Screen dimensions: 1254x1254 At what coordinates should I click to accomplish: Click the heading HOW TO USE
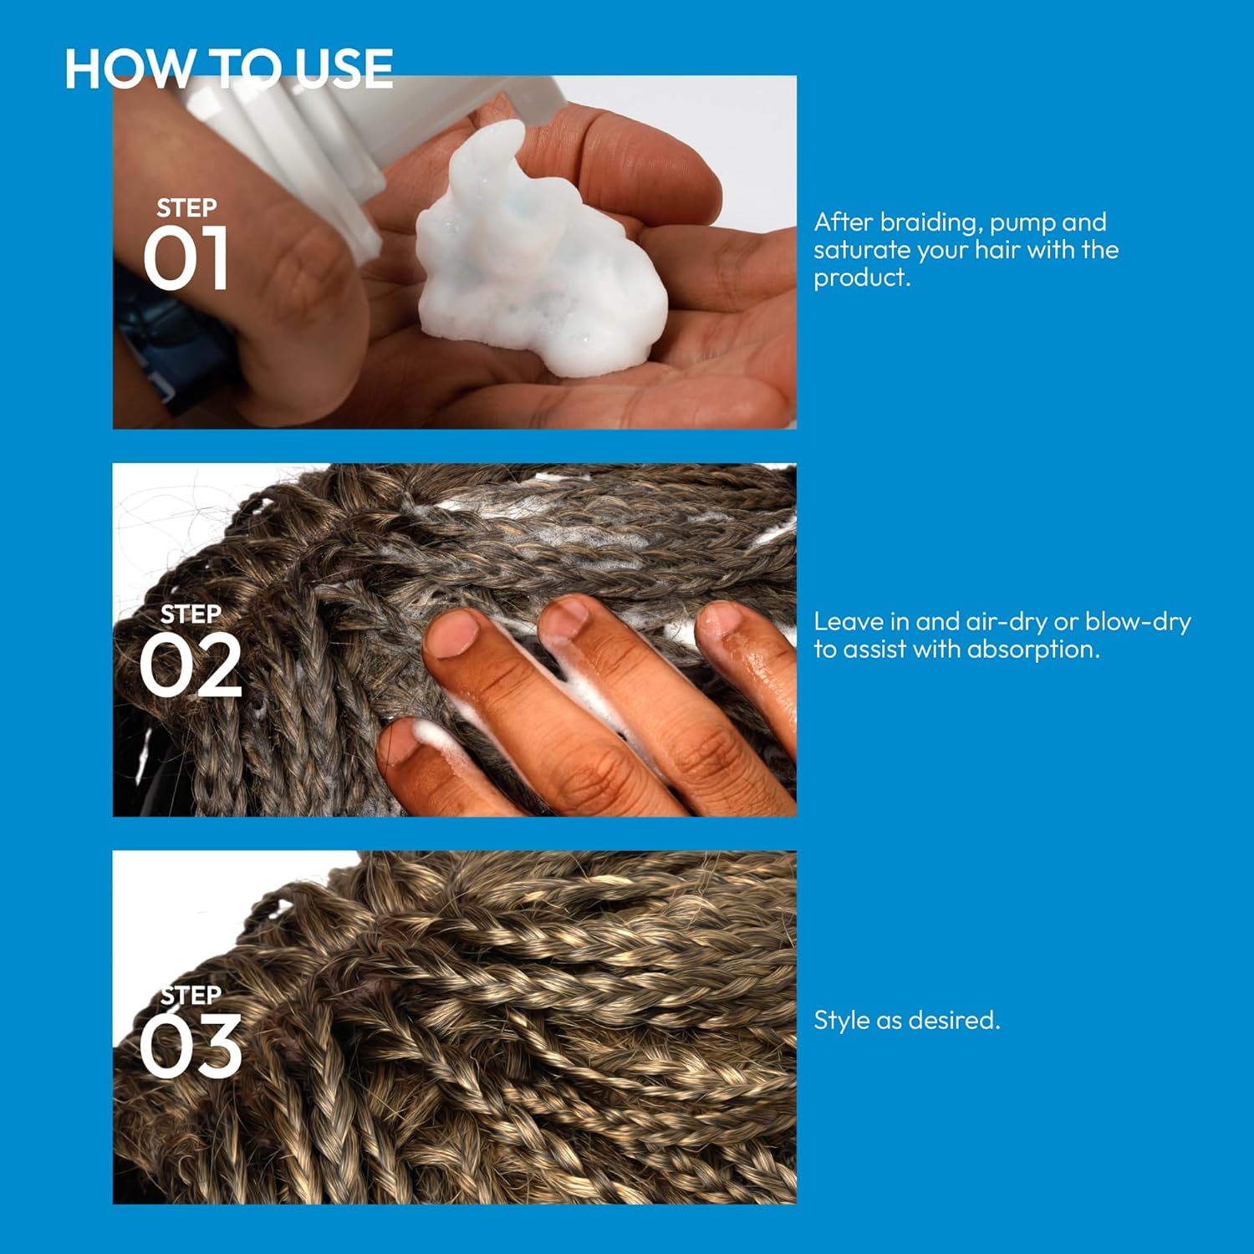tap(228, 69)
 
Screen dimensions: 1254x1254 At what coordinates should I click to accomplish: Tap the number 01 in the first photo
tap(186, 259)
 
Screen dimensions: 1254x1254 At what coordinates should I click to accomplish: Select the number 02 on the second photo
tap(191, 666)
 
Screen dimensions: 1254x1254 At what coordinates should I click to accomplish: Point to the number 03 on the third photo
tap(191, 1047)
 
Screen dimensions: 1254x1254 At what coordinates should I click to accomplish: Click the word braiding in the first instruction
tap(930, 223)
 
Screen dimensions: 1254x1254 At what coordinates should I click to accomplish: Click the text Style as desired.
tap(907, 1021)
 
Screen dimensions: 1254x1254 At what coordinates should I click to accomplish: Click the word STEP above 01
tap(186, 207)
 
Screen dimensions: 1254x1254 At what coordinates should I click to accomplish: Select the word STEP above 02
tap(191, 614)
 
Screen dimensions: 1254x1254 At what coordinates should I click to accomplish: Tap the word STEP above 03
tap(191, 995)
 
